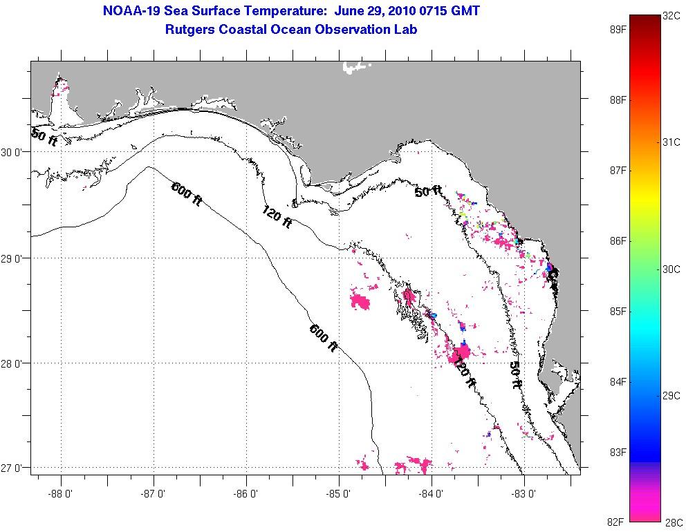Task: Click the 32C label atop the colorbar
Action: [671, 15]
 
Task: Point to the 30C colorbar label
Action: [671, 269]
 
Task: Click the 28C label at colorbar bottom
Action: [671, 523]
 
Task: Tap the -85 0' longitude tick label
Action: [340, 494]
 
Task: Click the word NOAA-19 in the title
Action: [131, 11]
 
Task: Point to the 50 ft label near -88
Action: [44, 136]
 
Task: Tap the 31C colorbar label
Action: [671, 142]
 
